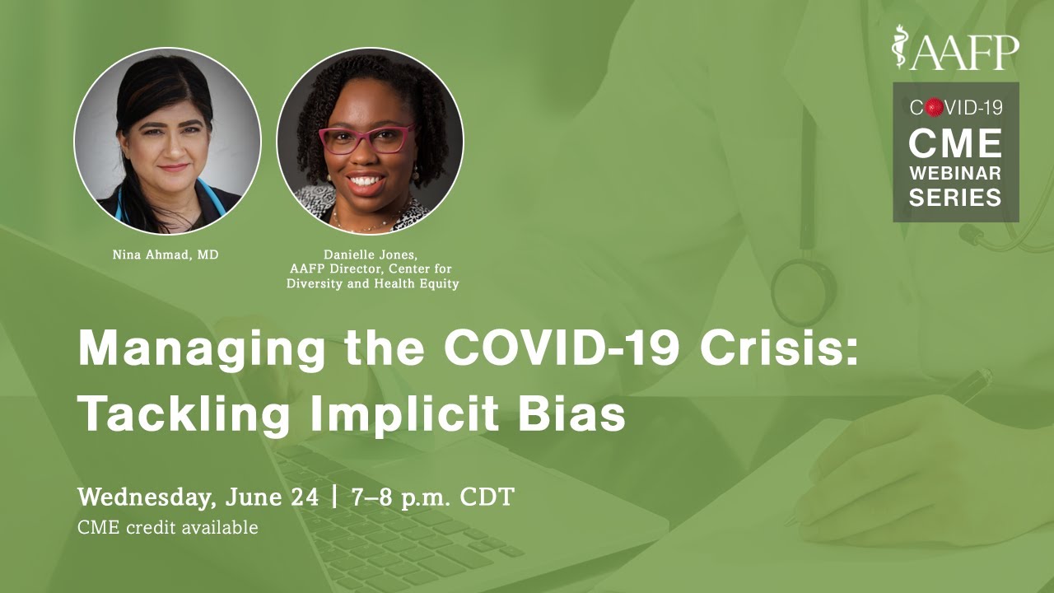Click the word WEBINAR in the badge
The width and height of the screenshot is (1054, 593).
coord(955,173)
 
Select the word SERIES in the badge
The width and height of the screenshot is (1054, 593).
coord(955,198)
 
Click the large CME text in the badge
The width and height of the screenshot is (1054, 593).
coord(955,143)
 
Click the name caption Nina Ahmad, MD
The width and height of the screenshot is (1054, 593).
coord(166,255)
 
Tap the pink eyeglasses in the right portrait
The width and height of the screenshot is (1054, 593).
coord(367,139)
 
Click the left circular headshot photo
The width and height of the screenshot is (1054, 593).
coord(167,141)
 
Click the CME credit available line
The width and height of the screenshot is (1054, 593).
coord(167,527)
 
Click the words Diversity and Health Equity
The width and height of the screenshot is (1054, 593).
coord(372,284)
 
